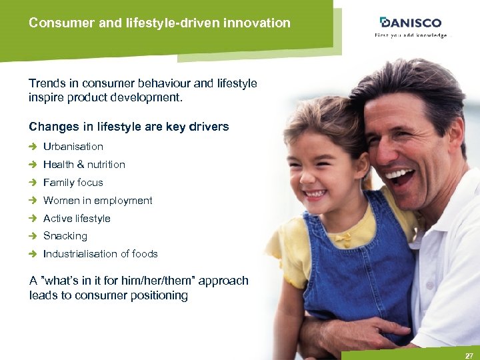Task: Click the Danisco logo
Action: [411, 23]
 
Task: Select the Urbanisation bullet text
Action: [73, 147]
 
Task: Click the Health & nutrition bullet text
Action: [84, 165]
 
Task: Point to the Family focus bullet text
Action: [73, 183]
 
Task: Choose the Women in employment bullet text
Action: [97, 201]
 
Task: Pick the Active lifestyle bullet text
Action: [77, 219]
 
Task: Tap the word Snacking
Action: [65, 236]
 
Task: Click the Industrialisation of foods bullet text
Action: [100, 254]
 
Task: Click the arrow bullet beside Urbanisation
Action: [33, 147]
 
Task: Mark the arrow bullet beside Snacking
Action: [33, 236]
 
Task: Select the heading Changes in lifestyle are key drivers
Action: [129, 127]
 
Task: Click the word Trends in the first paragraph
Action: [48, 84]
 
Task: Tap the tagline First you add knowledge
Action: [411, 35]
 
